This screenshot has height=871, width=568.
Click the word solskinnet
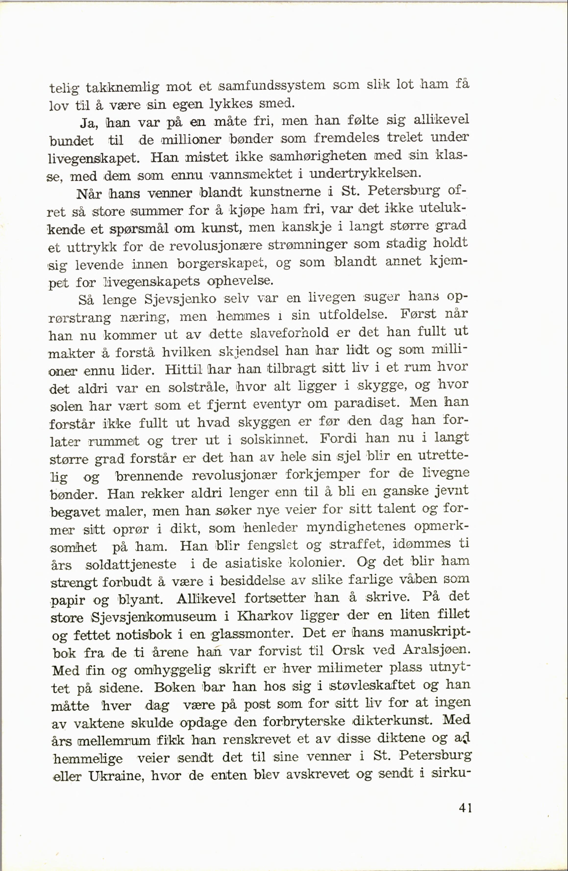tap(275, 439)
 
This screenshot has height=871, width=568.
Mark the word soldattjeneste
tap(131, 564)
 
